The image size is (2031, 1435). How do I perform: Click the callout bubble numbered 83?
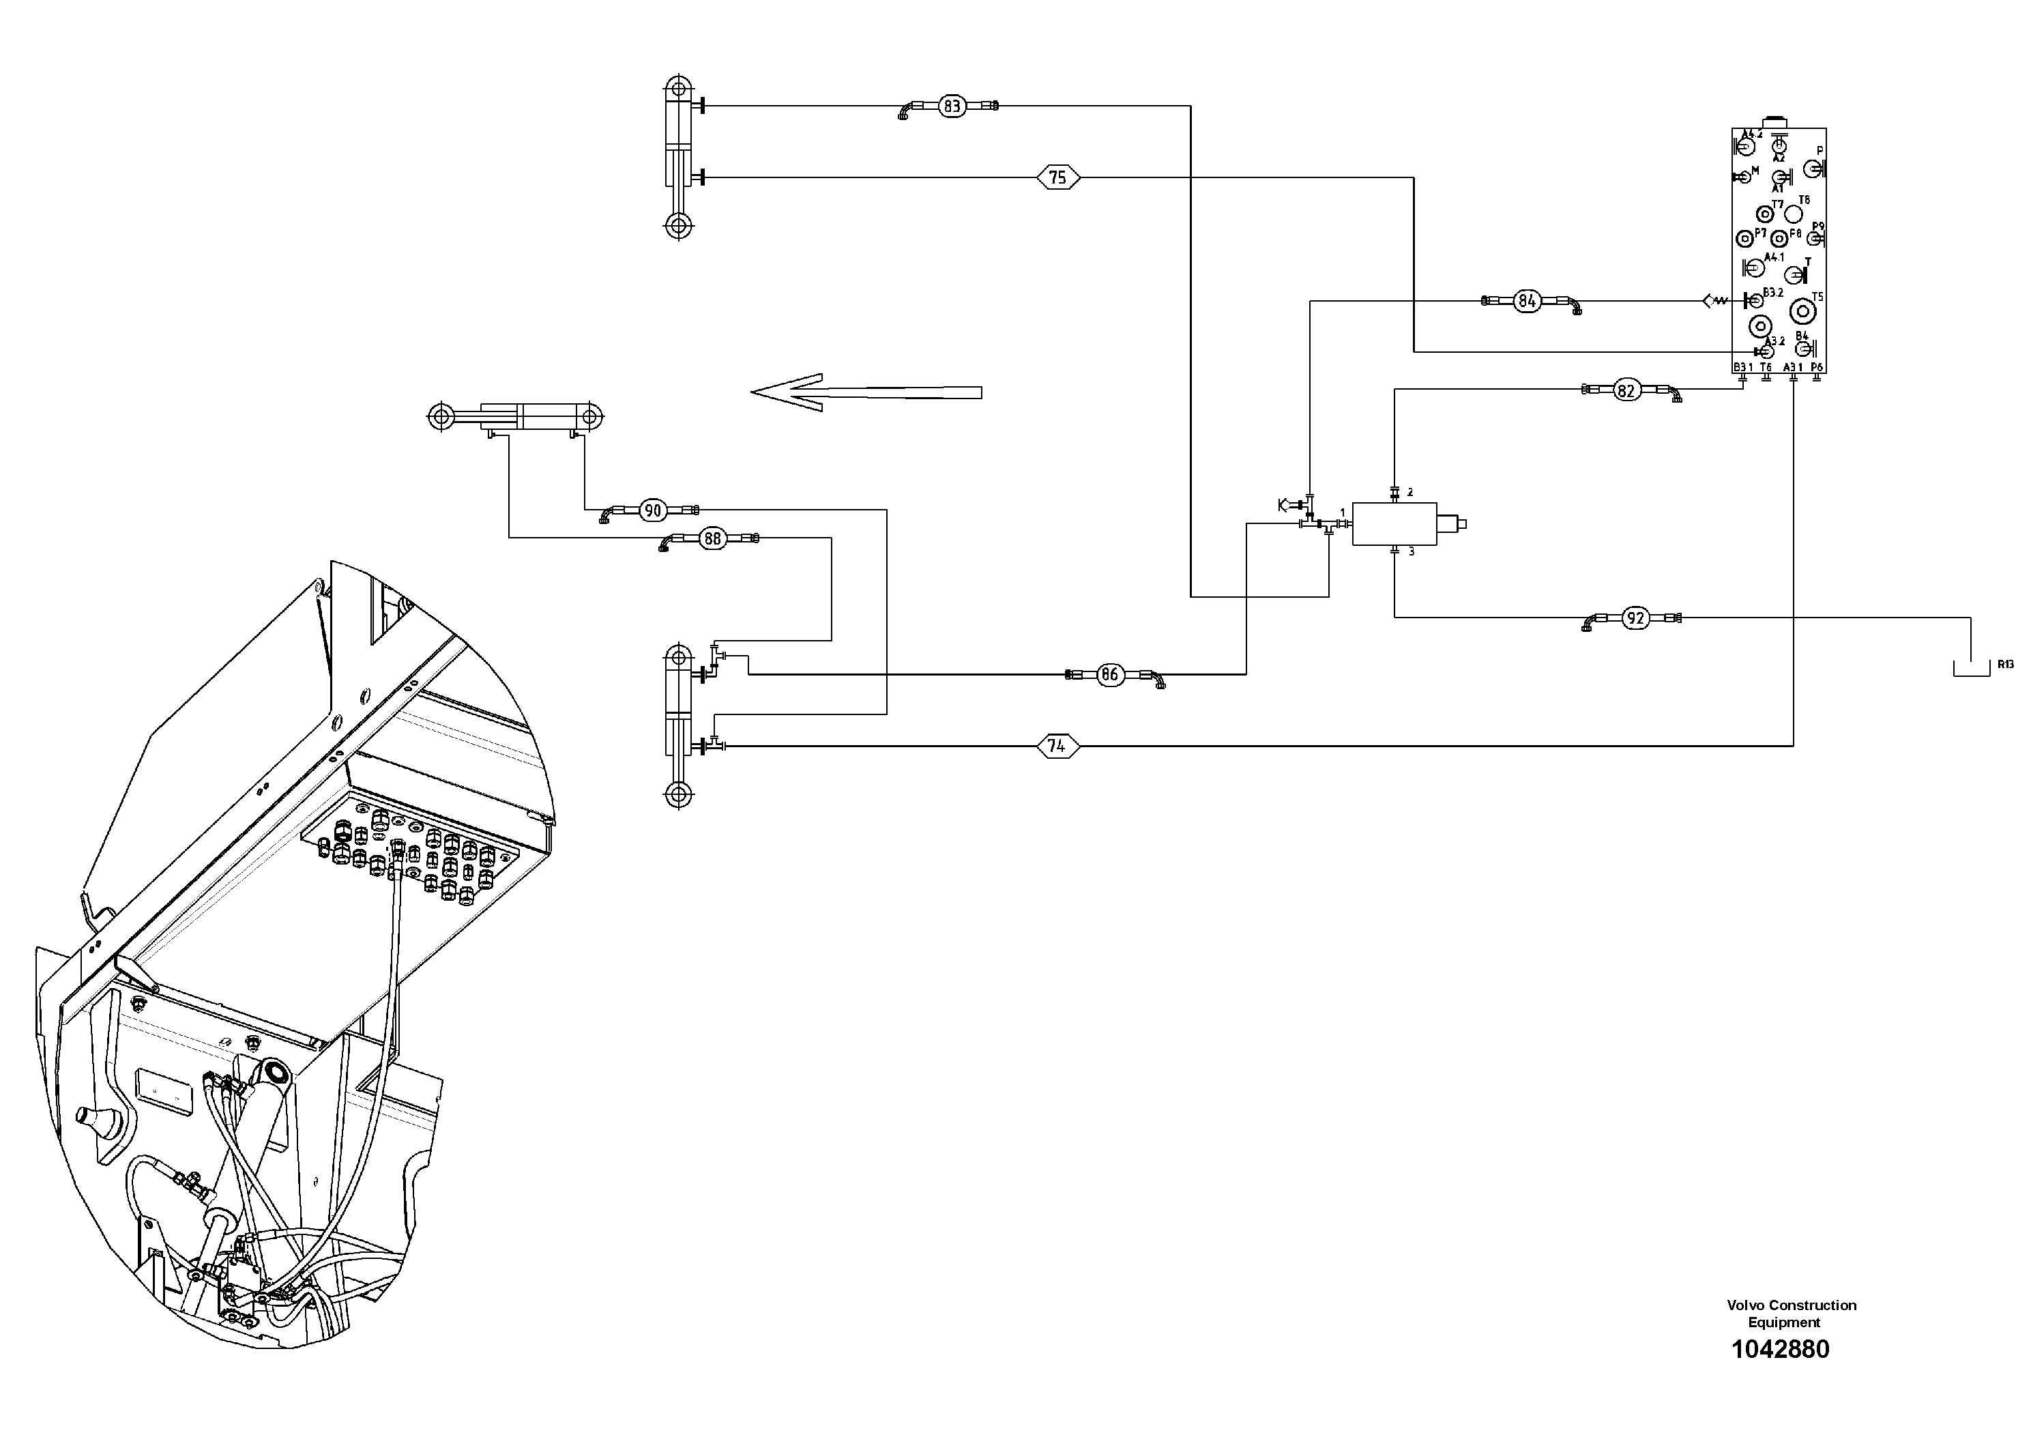(952, 107)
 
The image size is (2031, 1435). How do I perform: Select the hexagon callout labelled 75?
(1058, 178)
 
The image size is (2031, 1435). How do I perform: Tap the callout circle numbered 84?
(1527, 302)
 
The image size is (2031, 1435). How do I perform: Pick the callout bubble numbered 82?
(1626, 390)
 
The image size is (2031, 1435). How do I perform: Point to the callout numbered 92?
(1635, 618)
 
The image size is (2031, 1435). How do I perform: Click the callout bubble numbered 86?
(1109, 675)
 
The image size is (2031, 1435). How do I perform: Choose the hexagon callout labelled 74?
(1057, 747)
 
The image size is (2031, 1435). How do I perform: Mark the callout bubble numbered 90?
(653, 510)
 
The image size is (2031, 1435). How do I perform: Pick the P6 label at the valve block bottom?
(1817, 367)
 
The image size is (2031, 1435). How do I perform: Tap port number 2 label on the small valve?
(1410, 493)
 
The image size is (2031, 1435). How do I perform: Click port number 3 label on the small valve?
(1411, 552)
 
